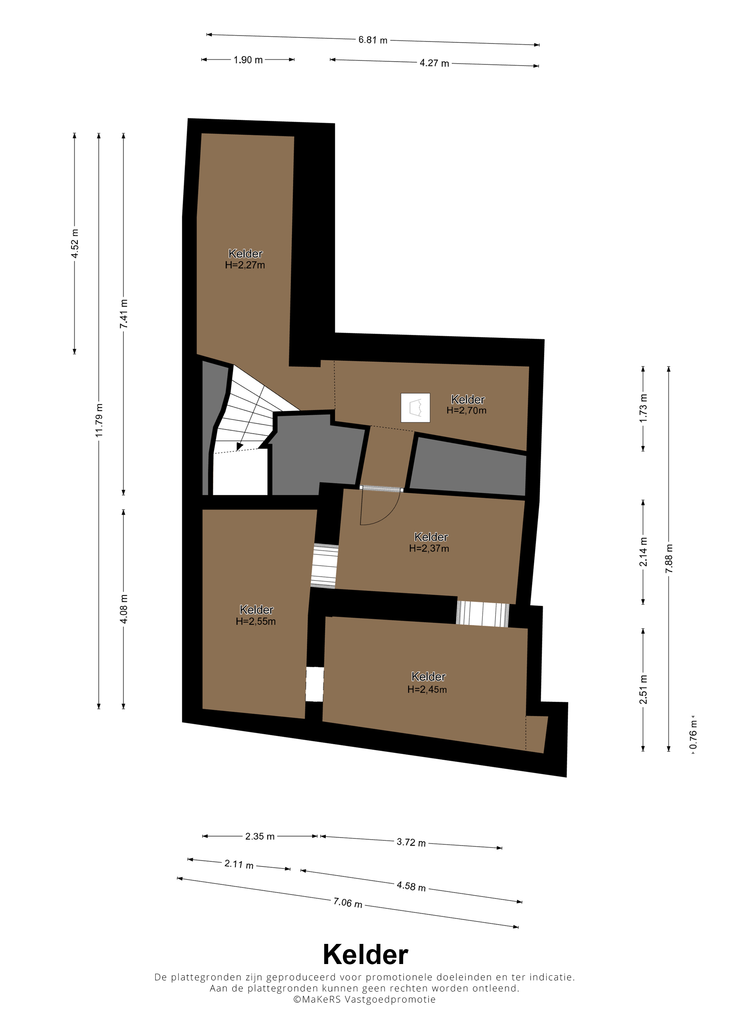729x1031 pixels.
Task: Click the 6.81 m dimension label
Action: tap(372, 40)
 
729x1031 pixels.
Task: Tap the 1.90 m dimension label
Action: tap(248, 60)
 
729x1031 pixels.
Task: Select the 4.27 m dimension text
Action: tap(434, 63)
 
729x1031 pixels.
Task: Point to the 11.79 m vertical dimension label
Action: tap(99, 420)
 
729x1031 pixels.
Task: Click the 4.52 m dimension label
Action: tap(75, 243)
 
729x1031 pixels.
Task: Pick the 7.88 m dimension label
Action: tap(669, 558)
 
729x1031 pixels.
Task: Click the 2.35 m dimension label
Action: tap(260, 836)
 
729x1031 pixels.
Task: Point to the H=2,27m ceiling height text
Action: tap(245, 265)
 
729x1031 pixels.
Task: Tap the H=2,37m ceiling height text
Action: tap(429, 548)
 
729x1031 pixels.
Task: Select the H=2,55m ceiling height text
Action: tap(255, 621)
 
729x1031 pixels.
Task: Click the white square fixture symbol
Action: tap(416, 408)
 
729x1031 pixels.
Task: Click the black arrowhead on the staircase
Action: tap(240, 446)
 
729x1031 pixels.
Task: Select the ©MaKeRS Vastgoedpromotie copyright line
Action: tap(364, 999)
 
